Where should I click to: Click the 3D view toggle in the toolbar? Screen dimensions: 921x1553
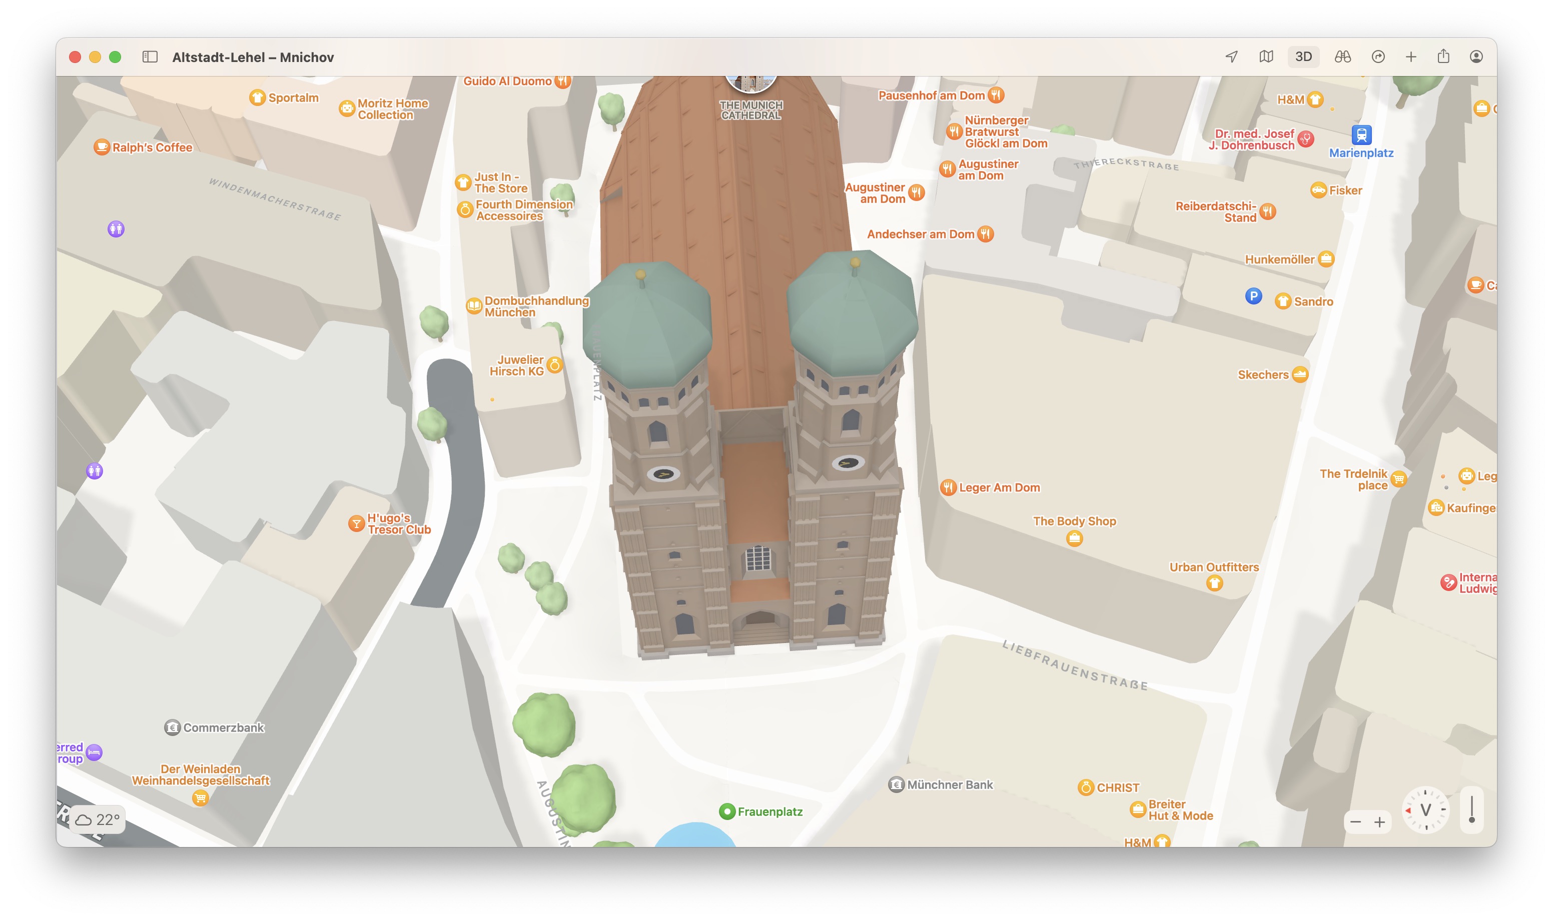(x=1303, y=57)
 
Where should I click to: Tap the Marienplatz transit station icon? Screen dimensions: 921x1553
(x=1360, y=134)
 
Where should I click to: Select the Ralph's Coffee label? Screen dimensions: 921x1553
(x=152, y=147)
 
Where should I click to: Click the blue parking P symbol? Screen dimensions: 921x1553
(x=1253, y=296)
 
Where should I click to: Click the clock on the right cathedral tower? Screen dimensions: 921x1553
(x=848, y=463)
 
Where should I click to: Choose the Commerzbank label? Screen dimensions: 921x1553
(x=223, y=727)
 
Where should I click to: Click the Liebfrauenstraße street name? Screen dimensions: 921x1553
(x=1075, y=666)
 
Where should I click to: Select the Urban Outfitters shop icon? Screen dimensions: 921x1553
(x=1214, y=583)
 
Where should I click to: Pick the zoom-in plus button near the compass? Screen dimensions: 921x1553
(x=1379, y=822)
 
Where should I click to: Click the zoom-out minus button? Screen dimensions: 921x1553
(x=1355, y=822)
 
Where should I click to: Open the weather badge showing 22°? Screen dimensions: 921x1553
(x=98, y=820)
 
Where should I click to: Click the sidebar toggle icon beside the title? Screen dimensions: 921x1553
(x=150, y=57)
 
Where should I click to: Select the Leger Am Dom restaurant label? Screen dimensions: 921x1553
(x=999, y=488)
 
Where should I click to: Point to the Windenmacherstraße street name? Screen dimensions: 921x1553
(x=275, y=199)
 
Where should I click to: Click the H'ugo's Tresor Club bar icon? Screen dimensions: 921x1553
(x=356, y=524)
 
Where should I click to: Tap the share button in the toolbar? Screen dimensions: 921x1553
(x=1443, y=57)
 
